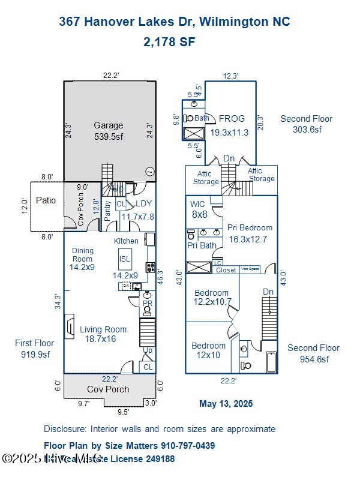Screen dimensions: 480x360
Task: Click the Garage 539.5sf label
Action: [x=108, y=131]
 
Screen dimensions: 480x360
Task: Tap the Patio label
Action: [x=46, y=200]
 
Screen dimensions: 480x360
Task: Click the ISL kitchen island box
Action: [x=125, y=259]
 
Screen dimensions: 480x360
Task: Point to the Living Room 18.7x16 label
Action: [x=103, y=334]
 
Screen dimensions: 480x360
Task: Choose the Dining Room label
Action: [x=83, y=259]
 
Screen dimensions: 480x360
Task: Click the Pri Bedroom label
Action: [x=250, y=233]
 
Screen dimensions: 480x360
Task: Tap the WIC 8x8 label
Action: [x=198, y=209]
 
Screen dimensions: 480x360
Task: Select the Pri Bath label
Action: [x=202, y=245]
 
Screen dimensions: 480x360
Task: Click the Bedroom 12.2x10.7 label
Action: [x=211, y=297]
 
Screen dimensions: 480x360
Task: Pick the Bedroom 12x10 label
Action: [x=208, y=350]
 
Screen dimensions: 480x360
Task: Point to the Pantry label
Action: [x=107, y=211]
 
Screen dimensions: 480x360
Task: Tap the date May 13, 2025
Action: [x=226, y=404]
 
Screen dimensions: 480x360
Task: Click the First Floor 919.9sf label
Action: [x=34, y=349]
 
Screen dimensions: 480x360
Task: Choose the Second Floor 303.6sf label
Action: [x=307, y=124]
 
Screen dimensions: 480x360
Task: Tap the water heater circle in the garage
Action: [x=149, y=172]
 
